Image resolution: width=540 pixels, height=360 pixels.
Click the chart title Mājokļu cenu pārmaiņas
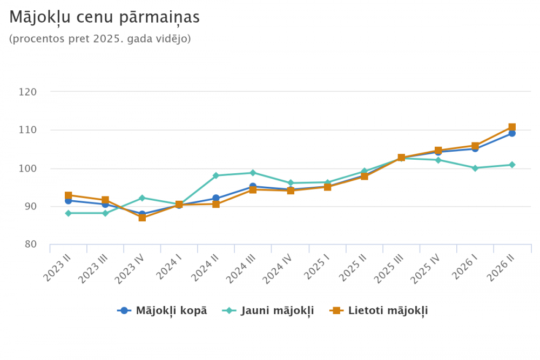104,17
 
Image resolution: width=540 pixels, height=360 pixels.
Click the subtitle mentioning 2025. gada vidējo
100,38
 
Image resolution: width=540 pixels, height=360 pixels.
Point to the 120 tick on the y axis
28,92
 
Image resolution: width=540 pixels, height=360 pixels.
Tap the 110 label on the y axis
28,130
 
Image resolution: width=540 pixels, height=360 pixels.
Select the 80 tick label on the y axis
31,244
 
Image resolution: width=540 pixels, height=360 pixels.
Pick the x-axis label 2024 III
242,269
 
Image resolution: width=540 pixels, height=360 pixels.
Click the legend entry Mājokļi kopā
162,310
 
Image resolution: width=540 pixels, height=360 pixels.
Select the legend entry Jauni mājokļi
268,310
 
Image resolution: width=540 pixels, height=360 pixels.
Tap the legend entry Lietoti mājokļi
379,310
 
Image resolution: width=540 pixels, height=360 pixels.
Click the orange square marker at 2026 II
512,127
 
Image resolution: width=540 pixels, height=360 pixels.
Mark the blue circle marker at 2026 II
512,133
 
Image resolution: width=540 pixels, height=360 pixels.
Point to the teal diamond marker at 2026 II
512,165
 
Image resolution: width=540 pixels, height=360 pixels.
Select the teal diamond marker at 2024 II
216,175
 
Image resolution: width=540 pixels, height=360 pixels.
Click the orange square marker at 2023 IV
142,218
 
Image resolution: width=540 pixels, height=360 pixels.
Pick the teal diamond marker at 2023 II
68,213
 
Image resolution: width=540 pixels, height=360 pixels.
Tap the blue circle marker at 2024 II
216,198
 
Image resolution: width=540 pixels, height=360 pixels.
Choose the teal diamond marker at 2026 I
475,168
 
